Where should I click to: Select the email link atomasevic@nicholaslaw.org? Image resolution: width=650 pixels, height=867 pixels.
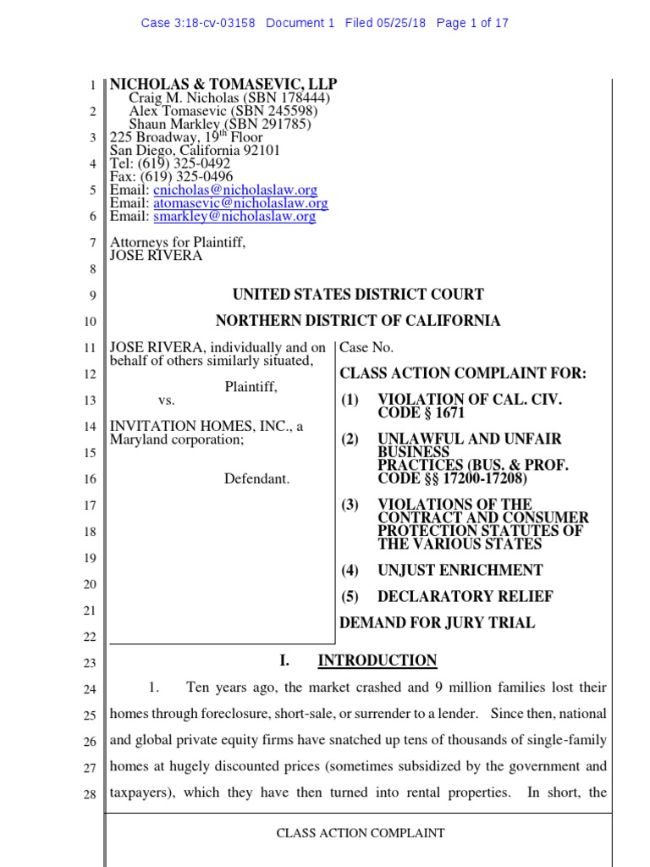pyautogui.click(x=240, y=203)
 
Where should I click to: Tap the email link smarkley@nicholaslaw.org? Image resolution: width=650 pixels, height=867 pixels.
pyautogui.click(x=234, y=216)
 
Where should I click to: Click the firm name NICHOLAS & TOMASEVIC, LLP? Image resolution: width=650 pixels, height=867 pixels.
pyautogui.click(x=223, y=84)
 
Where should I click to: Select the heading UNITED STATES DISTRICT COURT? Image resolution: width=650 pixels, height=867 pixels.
pyautogui.click(x=358, y=295)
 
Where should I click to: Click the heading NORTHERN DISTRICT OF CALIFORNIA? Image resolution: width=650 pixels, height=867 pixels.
pyautogui.click(x=358, y=321)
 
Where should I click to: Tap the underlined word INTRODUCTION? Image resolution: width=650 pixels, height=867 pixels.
pyautogui.click(x=377, y=660)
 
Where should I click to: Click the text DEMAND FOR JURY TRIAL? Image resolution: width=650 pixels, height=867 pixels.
pyautogui.click(x=437, y=623)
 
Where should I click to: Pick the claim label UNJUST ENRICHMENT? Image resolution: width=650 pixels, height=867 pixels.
pyautogui.click(x=460, y=571)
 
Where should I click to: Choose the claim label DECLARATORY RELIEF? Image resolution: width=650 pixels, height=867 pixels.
pyautogui.click(x=465, y=597)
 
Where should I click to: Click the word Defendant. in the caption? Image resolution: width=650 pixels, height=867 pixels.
pyautogui.click(x=256, y=479)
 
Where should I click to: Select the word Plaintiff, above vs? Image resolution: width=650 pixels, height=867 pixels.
pyautogui.click(x=251, y=387)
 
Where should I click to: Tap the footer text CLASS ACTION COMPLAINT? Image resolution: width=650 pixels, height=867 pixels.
pyautogui.click(x=361, y=833)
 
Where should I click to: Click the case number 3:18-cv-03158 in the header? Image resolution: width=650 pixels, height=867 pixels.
pyautogui.click(x=215, y=23)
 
